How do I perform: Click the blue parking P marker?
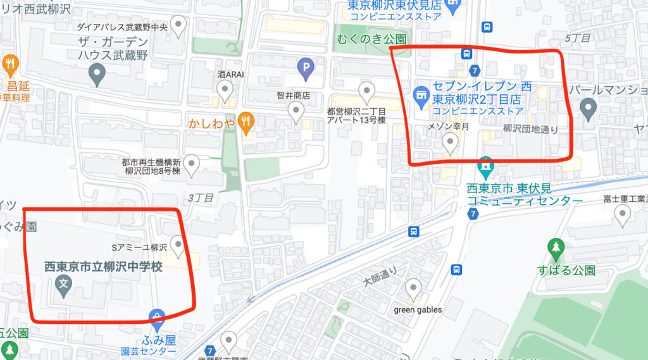pos(306,69)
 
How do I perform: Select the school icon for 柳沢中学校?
pos(63,286)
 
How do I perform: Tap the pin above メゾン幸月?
pos(451,144)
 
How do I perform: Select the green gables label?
pos(418,310)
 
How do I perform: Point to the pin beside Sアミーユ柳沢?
pos(178,247)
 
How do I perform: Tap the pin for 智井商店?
pos(295,113)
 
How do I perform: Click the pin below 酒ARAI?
pos(224,92)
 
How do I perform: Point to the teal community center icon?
pos(486,168)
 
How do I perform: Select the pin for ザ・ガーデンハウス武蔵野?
pos(96,76)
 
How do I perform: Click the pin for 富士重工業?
pos(623,217)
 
